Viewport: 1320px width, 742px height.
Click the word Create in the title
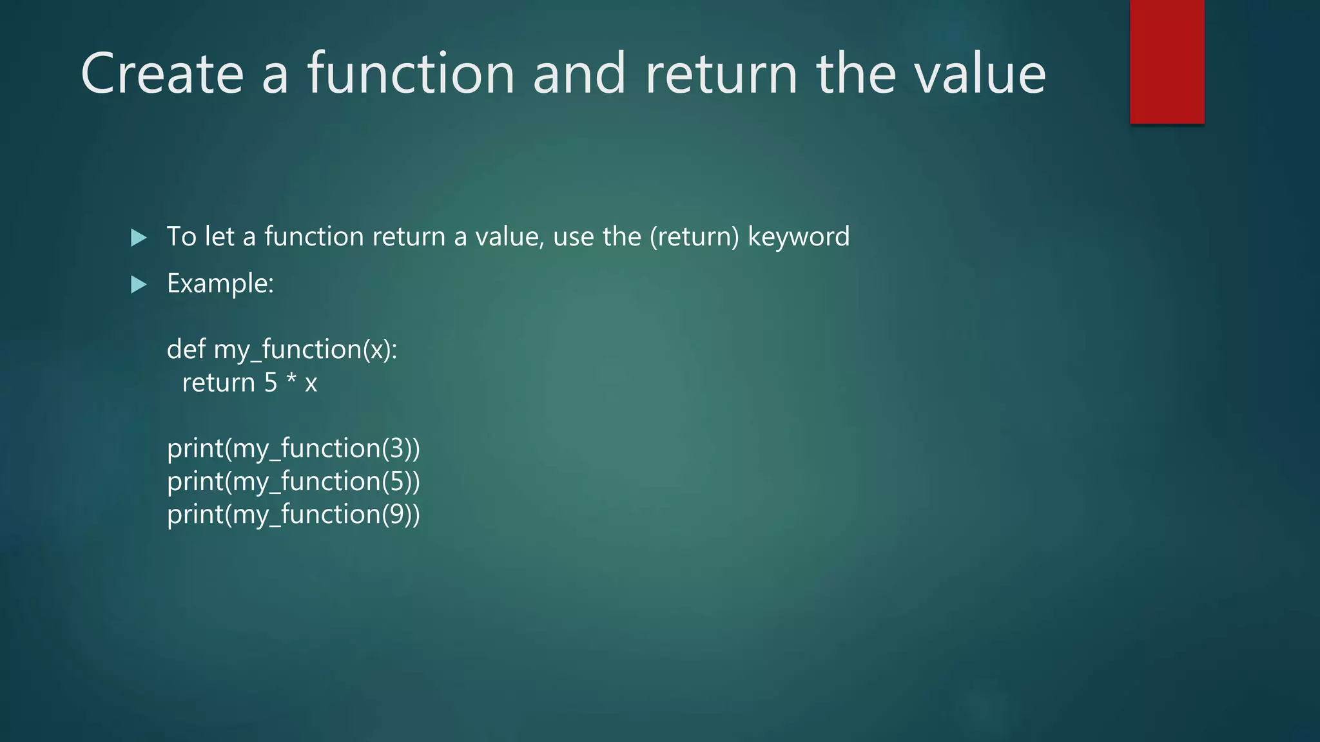[x=162, y=74]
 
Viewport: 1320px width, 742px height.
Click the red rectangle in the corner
[x=1167, y=61]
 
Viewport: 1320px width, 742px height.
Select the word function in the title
[x=411, y=74]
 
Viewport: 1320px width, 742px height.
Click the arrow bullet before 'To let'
[x=139, y=238]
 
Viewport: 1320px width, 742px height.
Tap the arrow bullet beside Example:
[x=139, y=284]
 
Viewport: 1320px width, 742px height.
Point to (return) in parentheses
[x=694, y=237]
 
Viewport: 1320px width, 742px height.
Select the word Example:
[x=220, y=283]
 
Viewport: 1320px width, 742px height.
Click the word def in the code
[x=186, y=349]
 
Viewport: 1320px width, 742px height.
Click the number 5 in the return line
[x=271, y=383]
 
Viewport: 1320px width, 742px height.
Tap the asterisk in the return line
[x=291, y=380]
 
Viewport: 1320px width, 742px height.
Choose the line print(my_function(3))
[x=293, y=448]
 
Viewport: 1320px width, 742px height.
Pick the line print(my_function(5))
[x=293, y=482]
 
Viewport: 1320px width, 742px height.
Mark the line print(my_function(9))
[x=293, y=515]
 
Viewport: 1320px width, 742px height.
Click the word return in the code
[x=218, y=383]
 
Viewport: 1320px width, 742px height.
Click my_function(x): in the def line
[x=305, y=350]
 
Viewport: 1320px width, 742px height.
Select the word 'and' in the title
[x=579, y=74]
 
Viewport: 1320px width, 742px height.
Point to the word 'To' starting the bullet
[x=181, y=237]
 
